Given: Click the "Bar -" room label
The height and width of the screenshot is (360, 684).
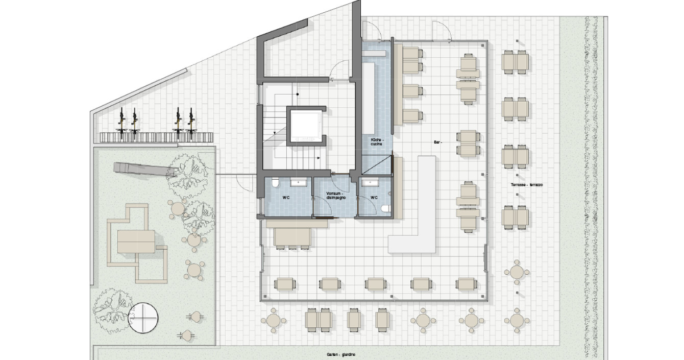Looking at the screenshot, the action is point(438,142).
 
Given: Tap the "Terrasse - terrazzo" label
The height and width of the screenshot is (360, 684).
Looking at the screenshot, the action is point(527,185).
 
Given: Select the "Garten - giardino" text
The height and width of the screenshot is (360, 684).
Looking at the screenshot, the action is point(341,354).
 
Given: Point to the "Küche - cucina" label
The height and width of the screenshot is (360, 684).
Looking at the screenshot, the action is point(376,141).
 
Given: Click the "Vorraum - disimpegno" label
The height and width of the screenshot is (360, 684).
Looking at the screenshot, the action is point(335,196).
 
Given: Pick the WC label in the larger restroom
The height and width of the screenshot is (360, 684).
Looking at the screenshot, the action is point(286,198).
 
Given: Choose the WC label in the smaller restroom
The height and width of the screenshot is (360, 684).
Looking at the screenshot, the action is point(374,198).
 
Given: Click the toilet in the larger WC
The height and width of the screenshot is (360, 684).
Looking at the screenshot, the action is point(275,183).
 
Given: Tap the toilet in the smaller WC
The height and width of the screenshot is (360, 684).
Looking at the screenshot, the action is point(386,208).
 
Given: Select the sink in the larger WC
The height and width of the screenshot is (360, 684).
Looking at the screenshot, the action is point(297,183).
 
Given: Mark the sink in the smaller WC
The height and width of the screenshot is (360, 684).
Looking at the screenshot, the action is point(370,183).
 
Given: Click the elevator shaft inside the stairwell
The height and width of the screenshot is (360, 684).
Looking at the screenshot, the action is point(306,126).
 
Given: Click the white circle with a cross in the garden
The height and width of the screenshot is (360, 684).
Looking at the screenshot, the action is point(143,318).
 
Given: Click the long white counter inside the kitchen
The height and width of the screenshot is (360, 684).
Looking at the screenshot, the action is point(368,99).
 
